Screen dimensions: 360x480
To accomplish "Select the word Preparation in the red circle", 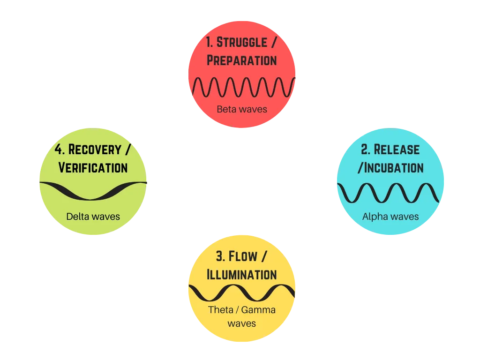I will [241, 60].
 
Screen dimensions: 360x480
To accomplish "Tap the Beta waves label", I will [241, 109].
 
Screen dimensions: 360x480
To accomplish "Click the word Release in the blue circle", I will [397, 150].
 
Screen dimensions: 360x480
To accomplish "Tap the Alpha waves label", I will [390, 217].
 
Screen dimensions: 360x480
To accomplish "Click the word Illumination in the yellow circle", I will [241, 274].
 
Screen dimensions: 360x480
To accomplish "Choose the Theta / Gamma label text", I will [241, 310].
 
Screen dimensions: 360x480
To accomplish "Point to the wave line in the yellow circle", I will [241, 293].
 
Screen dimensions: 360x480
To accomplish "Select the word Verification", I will [93, 167].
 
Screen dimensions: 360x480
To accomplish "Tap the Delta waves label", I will [93, 217].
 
